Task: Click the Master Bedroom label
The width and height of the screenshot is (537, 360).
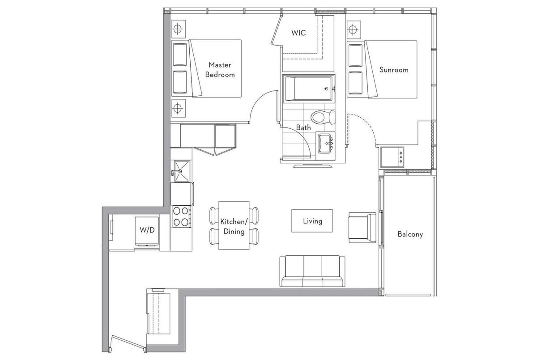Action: coord(220,70)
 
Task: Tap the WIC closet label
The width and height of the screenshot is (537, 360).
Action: coord(298,33)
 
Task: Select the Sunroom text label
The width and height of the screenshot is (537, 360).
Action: coord(394,70)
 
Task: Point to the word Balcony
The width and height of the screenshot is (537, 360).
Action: coord(410,234)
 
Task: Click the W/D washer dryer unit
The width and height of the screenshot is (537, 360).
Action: coord(147,231)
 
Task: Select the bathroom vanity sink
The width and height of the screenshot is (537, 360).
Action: coord(325,144)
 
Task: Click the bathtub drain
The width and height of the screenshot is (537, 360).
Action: coord(326,89)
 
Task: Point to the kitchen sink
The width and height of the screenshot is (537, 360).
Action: coord(182,171)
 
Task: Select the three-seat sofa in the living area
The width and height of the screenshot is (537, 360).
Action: coord(312,271)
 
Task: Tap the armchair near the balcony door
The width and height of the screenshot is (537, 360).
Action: coord(362,228)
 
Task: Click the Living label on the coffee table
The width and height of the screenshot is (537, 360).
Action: coord(312,221)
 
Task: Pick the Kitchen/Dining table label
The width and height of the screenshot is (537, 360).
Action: coord(234,227)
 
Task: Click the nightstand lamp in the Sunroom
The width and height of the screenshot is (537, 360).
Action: coord(354,30)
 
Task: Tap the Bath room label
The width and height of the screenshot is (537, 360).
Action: coord(303,127)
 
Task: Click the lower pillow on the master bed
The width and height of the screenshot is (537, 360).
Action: coord(180,82)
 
